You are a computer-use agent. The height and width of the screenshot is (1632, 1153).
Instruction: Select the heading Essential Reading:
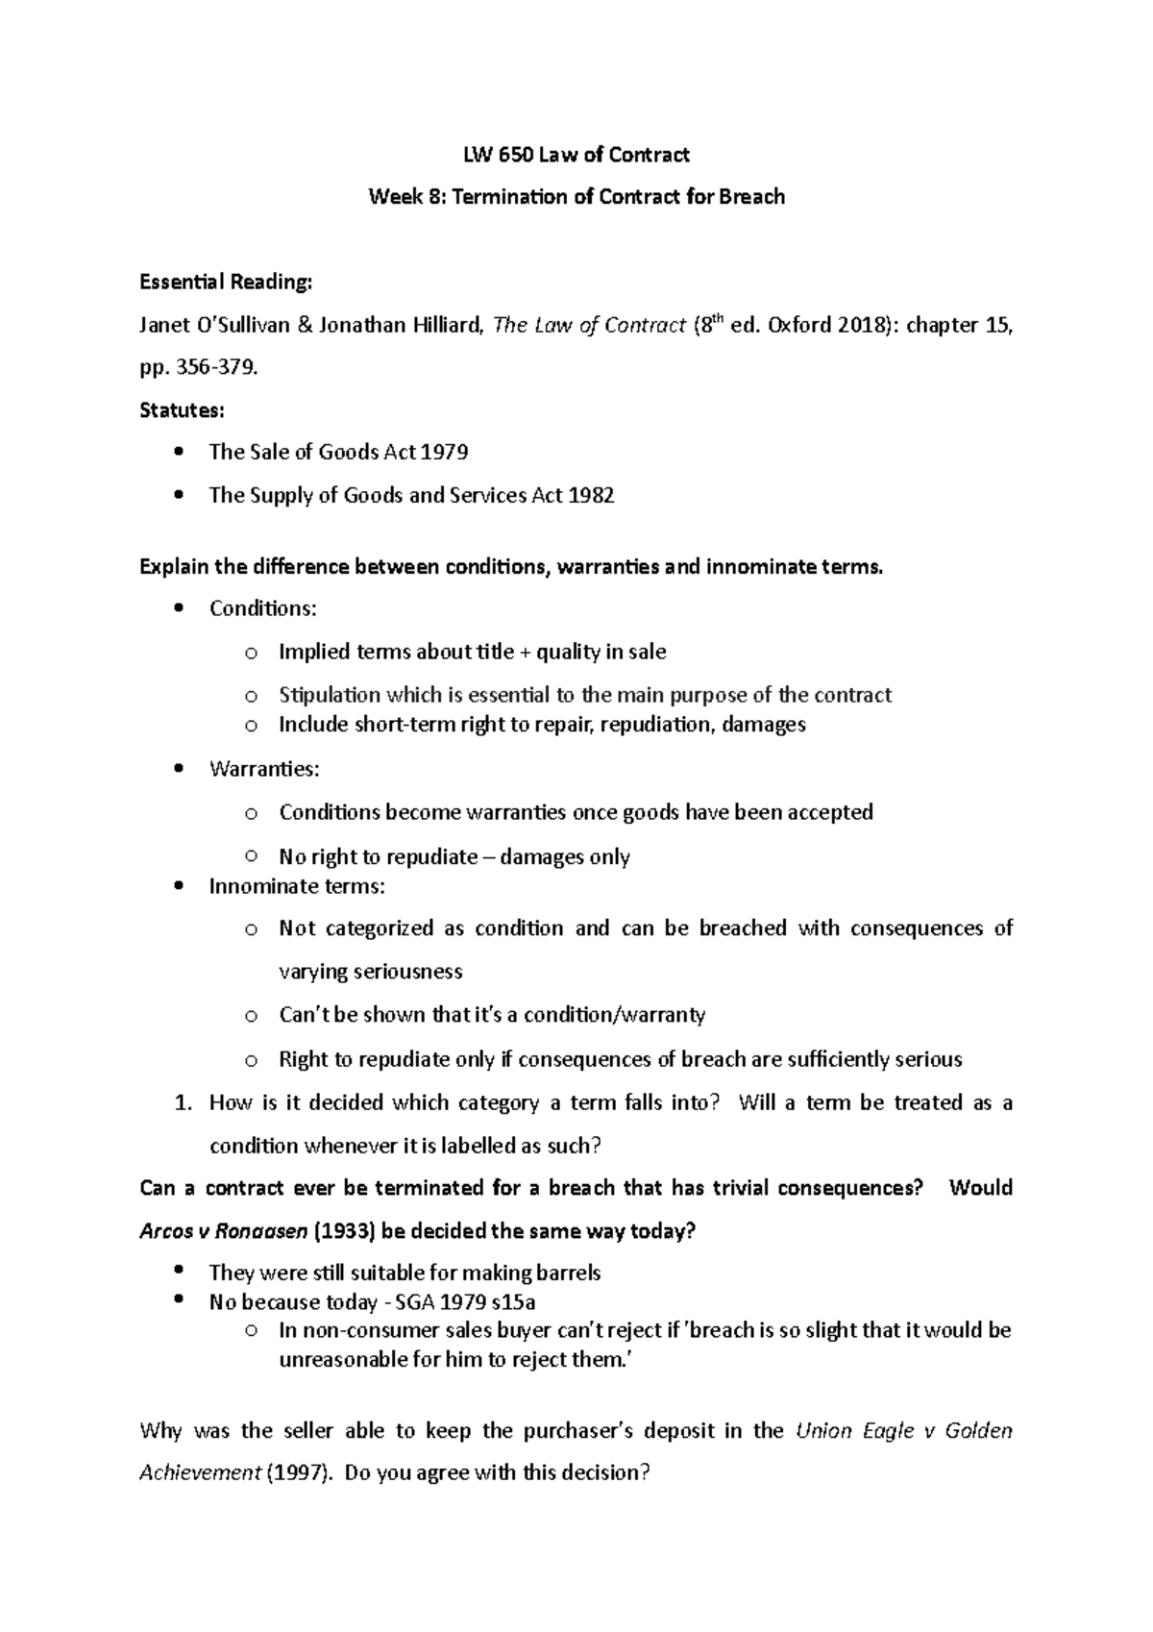226,283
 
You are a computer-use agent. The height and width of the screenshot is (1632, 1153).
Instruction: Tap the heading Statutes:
182,410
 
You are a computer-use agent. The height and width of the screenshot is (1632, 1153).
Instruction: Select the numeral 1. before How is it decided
184,1103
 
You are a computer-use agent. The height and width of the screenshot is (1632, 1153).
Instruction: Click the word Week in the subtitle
394,197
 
